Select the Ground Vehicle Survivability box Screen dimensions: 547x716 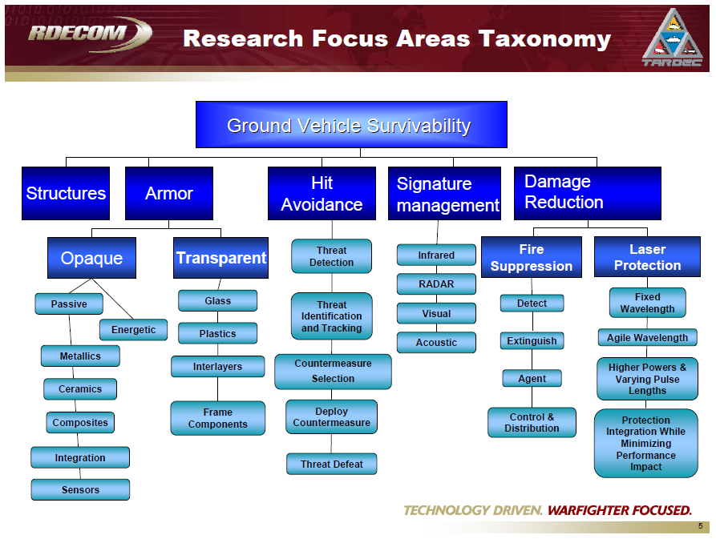coord(351,125)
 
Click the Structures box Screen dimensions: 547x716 coord(66,193)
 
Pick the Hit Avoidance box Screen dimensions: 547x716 coord(322,193)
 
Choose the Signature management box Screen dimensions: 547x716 coord(444,194)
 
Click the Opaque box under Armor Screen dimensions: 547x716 coord(91,258)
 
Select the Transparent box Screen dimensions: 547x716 coord(220,258)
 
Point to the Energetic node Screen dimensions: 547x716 coord(133,330)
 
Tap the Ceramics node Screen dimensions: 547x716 coord(80,389)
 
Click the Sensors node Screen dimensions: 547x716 coord(80,490)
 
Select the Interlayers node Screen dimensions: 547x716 coord(217,367)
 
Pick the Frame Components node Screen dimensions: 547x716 coord(217,418)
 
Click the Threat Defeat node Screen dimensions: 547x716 coord(331,464)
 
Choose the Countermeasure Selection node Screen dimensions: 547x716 coord(333,371)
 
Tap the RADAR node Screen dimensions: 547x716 coord(436,284)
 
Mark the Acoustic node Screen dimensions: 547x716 coord(436,343)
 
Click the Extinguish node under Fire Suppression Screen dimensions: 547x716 coord(532,341)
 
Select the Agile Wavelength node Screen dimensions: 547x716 coord(647,338)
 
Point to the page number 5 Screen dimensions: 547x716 coord(700,526)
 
